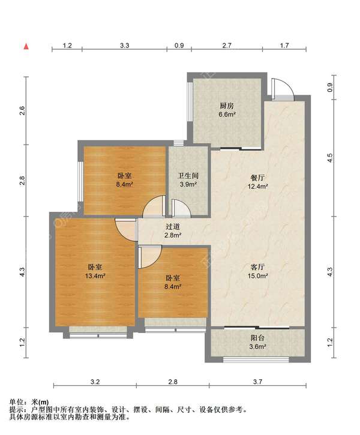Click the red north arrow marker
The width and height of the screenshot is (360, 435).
click(x=26, y=46)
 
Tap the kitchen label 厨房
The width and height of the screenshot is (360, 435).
click(x=227, y=106)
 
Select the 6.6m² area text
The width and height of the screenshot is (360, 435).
click(x=227, y=114)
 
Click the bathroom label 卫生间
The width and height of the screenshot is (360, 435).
click(x=188, y=176)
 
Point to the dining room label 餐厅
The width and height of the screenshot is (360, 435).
click(x=257, y=178)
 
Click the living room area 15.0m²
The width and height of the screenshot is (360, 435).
click(x=257, y=276)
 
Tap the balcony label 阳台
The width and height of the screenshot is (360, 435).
click(x=257, y=338)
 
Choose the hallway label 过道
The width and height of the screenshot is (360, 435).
click(x=173, y=227)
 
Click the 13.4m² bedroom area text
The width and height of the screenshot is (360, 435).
click(x=95, y=276)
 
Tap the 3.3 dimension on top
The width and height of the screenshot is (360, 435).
click(x=125, y=46)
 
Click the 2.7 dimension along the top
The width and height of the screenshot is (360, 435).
click(x=227, y=46)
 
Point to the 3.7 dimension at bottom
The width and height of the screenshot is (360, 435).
click(x=257, y=382)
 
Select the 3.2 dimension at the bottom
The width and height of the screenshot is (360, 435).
click(x=95, y=382)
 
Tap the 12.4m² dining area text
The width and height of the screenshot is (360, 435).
click(x=257, y=186)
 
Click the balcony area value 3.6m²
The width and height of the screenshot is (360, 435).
click(x=257, y=346)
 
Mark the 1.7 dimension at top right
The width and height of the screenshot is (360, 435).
click(x=284, y=46)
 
